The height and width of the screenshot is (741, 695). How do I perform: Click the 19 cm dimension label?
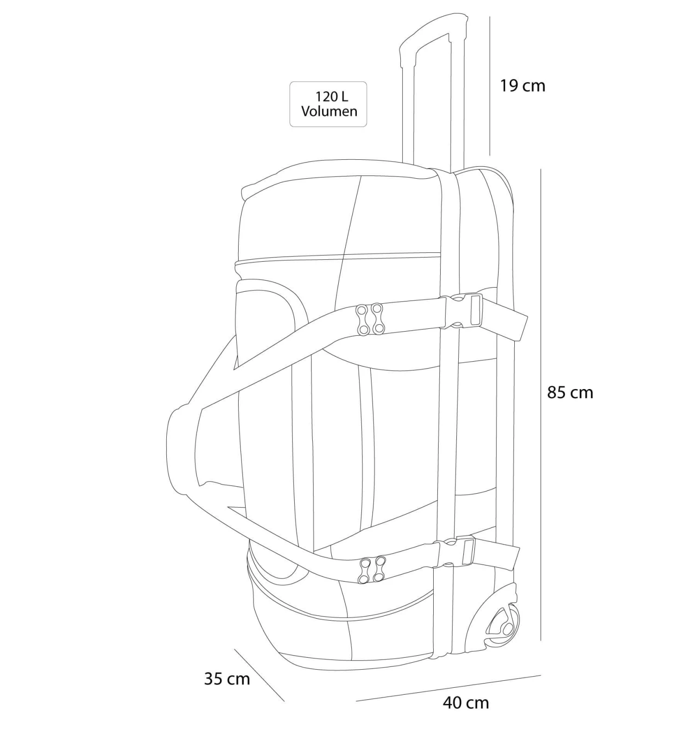522,86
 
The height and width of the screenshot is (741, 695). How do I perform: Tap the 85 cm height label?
570,392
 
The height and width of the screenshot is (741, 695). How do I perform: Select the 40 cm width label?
466,703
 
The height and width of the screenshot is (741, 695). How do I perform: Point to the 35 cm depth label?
227,678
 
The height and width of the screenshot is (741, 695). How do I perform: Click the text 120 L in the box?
331,96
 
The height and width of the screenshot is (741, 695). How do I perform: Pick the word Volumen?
329,111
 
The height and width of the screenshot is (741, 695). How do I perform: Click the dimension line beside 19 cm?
490,86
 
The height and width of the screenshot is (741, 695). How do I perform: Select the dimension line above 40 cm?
449,688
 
